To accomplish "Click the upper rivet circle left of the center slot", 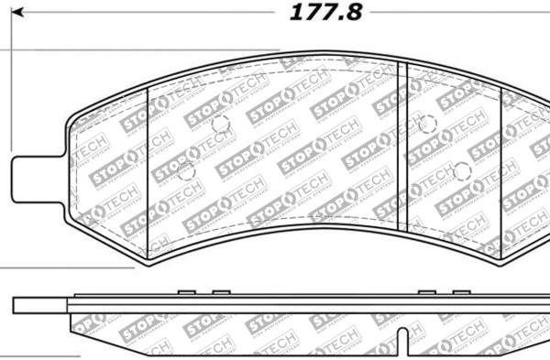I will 216,125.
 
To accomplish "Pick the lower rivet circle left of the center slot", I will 185,170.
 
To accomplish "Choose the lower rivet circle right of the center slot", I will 461,169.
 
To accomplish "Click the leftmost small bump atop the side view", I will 184,293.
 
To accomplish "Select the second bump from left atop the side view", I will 219,293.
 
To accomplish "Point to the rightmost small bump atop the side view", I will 460,293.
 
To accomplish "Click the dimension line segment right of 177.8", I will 458,13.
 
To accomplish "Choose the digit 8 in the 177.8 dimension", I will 354,13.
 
